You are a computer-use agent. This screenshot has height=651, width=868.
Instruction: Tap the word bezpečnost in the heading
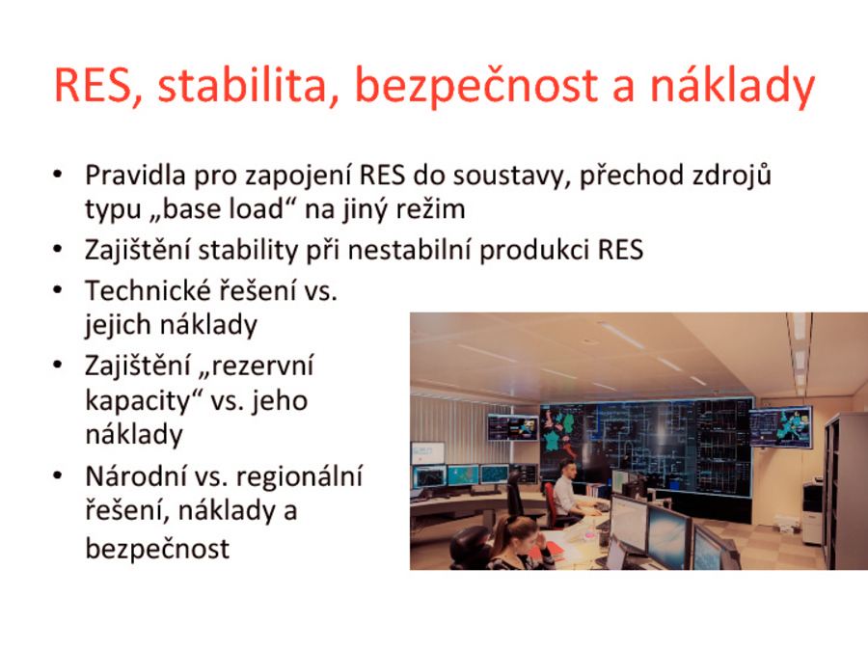476,87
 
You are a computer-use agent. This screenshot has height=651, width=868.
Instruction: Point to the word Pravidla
135,175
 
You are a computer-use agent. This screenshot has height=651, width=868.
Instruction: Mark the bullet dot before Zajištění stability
58,250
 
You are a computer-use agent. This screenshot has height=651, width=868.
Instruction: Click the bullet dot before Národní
58,476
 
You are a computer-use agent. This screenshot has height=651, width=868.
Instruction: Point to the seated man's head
568,468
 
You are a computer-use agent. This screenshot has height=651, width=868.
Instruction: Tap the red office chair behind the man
551,503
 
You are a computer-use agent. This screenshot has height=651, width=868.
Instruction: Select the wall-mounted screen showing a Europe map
781,426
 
